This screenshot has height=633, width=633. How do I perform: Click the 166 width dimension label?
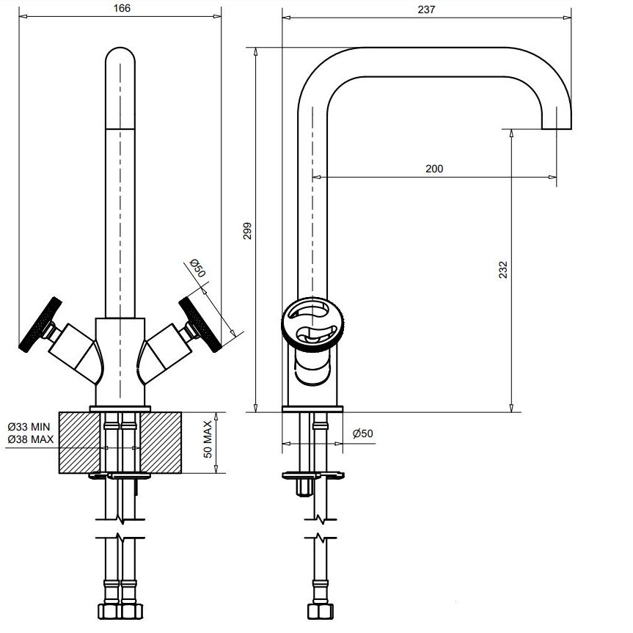[122, 8]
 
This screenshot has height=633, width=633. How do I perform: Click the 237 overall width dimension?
[427, 10]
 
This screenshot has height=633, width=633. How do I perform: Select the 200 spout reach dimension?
[434, 169]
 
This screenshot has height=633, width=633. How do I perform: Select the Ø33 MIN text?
[30, 427]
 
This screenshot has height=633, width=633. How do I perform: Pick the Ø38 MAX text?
[31, 439]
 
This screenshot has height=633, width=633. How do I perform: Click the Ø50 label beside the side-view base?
[362, 433]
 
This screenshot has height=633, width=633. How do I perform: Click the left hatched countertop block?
[79, 442]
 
